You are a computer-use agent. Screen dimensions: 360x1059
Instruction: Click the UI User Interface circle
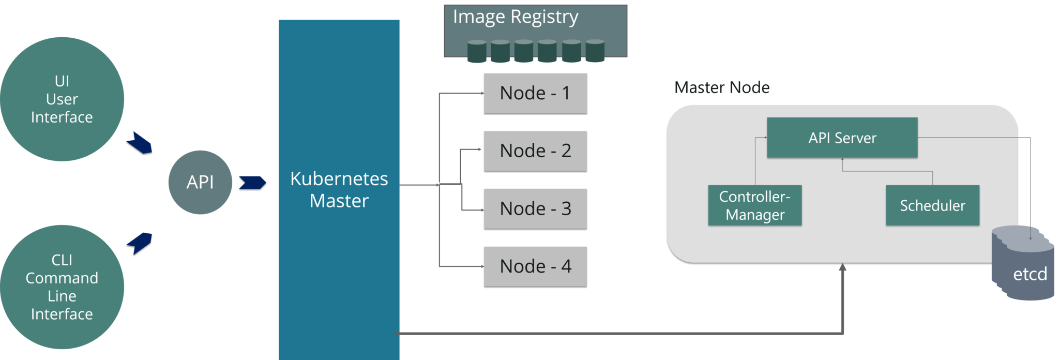click(x=62, y=99)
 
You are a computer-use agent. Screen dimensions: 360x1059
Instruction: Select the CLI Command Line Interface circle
click(x=62, y=287)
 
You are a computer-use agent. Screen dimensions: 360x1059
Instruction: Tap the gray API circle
click(x=200, y=182)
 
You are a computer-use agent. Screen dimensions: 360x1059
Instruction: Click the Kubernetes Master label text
click(x=339, y=189)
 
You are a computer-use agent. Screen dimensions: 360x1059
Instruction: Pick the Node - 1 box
click(x=535, y=93)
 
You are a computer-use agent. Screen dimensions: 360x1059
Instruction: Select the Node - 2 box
click(x=535, y=151)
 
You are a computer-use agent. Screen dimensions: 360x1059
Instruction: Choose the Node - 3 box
click(x=535, y=208)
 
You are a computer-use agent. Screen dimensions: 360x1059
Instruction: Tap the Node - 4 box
click(x=535, y=266)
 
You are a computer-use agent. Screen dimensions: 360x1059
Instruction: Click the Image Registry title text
click(x=516, y=17)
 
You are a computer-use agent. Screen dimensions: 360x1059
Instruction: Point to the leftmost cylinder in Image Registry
click(x=477, y=51)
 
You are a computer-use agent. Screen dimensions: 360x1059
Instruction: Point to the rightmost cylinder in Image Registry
click(x=595, y=51)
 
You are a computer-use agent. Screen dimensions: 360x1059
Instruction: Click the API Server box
click(x=842, y=138)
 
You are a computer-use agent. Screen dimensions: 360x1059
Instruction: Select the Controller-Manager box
click(x=754, y=205)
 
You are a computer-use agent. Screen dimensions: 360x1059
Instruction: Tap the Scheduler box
click(x=932, y=205)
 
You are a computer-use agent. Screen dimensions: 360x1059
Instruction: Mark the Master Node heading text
click(x=722, y=87)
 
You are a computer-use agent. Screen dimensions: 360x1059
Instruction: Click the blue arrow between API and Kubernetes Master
click(x=252, y=182)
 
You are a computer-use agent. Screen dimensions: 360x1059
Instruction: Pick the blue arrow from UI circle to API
click(x=140, y=142)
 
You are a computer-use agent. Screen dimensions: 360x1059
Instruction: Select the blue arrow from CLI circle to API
click(x=140, y=243)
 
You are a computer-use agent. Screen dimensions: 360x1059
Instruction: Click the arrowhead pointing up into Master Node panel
click(x=842, y=267)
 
